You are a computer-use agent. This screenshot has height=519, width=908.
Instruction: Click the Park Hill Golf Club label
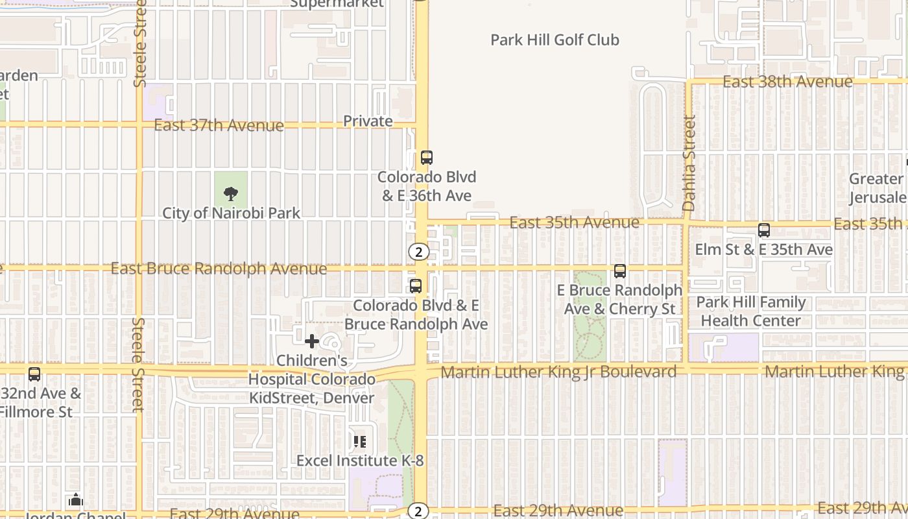555,40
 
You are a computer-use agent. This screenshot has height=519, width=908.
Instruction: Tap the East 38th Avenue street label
787,82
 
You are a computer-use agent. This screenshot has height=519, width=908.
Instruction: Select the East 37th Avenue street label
219,125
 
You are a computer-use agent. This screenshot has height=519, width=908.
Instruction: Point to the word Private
368,121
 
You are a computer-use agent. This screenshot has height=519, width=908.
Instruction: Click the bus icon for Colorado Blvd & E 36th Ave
426,157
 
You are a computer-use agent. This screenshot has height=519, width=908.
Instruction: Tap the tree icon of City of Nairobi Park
230,193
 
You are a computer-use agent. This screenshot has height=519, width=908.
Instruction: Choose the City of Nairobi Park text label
231,213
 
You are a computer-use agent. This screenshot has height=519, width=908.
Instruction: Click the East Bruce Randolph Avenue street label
219,269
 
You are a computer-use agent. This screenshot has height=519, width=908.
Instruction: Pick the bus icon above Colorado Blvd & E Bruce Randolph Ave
416,285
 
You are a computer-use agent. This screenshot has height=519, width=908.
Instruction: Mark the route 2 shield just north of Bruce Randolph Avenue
419,252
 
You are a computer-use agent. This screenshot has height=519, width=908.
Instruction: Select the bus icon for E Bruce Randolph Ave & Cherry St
620,271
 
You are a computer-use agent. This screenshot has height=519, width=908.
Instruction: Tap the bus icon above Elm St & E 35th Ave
764,230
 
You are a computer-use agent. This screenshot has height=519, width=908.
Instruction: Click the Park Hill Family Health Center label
750,311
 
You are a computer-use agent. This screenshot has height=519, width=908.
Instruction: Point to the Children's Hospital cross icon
312,341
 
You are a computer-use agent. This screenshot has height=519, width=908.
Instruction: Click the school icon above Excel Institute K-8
360,442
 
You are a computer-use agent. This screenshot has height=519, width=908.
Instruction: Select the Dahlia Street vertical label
689,163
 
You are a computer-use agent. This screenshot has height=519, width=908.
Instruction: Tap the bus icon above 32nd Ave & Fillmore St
34,374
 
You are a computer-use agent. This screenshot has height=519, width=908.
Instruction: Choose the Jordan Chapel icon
76,500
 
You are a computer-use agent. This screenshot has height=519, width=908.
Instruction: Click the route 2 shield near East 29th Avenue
419,511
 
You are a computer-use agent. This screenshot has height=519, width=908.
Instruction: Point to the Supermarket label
337,3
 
